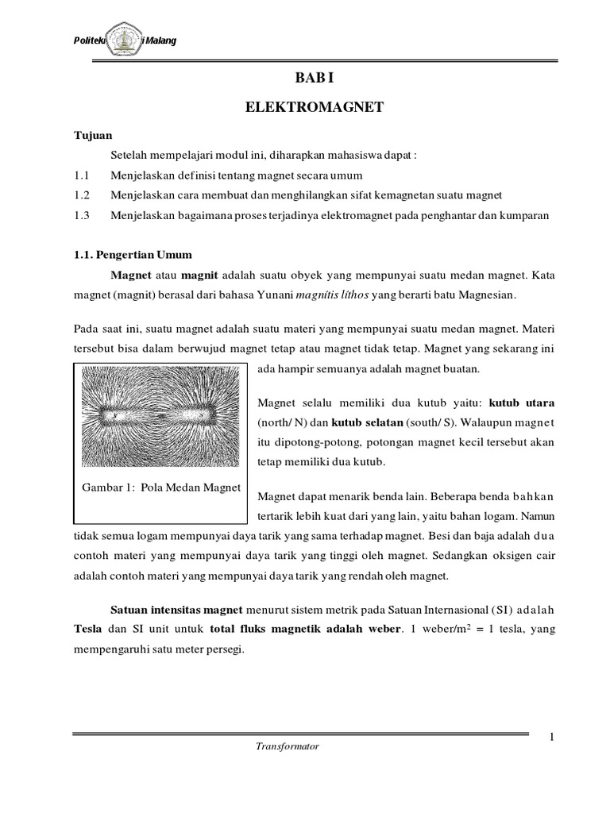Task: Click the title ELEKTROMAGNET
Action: pyautogui.click(x=315, y=107)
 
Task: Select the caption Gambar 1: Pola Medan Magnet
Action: pyautogui.click(x=162, y=486)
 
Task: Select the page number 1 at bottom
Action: pyautogui.click(x=550, y=740)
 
